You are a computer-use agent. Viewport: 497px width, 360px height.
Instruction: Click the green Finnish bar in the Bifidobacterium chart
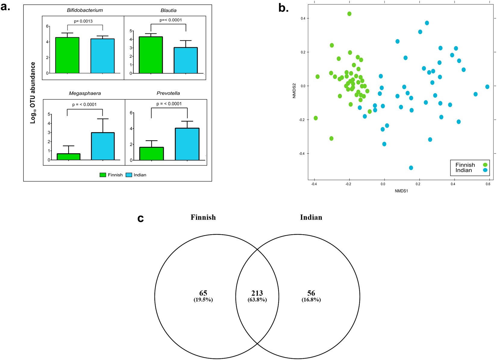tap(67, 55)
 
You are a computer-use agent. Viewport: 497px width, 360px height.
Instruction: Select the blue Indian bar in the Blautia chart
tap(186, 61)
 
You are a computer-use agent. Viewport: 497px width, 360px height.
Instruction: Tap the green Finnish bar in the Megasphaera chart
tap(69, 157)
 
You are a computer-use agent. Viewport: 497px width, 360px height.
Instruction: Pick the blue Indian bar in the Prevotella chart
tap(187, 144)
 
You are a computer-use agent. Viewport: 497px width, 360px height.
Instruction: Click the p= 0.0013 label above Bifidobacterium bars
tap(83, 21)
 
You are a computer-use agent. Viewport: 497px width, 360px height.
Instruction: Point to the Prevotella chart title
tap(168, 93)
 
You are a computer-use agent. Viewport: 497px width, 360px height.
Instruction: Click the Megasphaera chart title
tap(85, 93)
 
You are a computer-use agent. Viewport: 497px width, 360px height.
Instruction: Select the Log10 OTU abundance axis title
tap(33, 93)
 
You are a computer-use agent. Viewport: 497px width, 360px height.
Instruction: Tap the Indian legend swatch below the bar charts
tap(129, 175)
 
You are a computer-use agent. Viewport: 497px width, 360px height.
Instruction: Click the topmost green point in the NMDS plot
tap(349, 14)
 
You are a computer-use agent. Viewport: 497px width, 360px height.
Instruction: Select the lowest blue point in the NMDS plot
tap(411, 168)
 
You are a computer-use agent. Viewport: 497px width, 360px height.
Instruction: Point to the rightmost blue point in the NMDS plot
tap(487, 87)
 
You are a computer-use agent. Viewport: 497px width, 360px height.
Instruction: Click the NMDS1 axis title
tap(401, 191)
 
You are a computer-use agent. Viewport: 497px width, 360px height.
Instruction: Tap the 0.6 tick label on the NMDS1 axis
tap(488, 184)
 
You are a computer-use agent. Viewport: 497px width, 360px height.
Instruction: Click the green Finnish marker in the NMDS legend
tap(485, 165)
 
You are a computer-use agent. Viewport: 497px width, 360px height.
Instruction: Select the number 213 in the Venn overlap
tap(257, 293)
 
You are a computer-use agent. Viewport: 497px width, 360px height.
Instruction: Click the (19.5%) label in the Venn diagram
tap(203, 300)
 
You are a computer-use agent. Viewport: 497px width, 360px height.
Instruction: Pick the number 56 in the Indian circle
tap(311, 293)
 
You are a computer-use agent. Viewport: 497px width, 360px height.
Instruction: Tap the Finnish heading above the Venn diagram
tap(203, 218)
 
